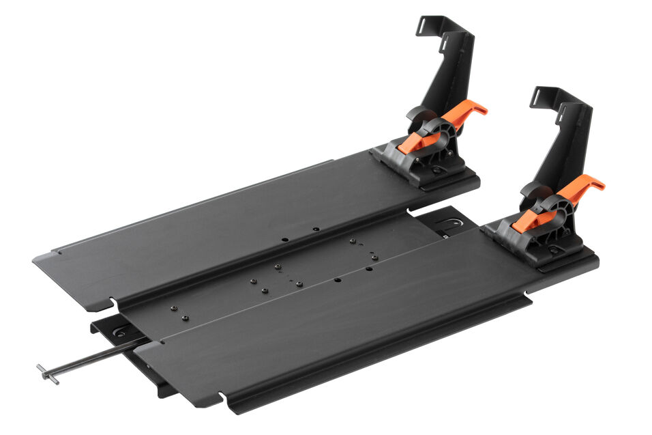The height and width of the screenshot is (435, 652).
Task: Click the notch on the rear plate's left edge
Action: [x=109, y=301]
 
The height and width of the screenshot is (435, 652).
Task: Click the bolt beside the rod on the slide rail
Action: [x=121, y=333]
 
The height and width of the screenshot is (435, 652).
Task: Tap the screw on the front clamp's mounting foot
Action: [x=553, y=250]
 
